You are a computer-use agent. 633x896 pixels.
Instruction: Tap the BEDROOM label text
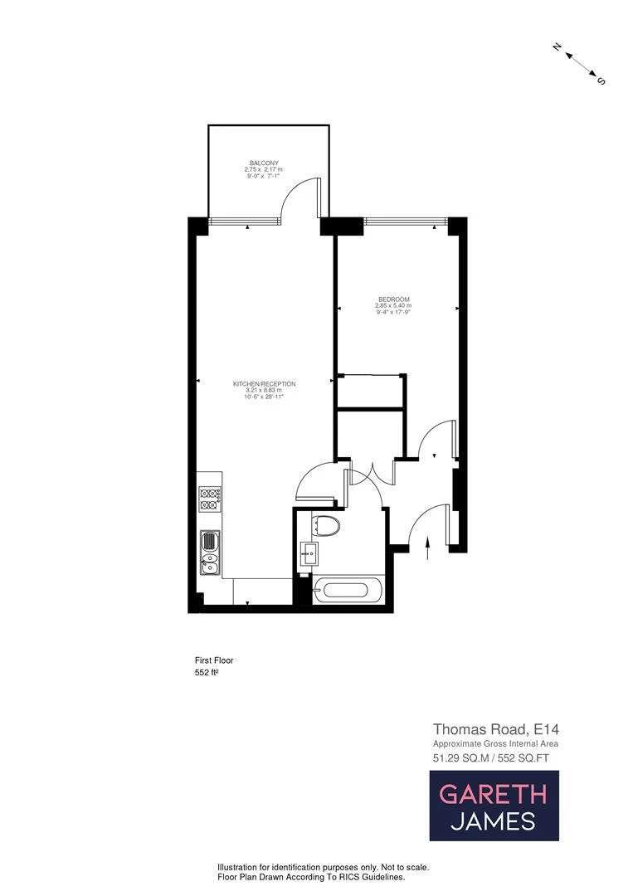point(394,299)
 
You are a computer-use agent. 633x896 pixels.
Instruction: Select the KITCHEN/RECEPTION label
point(265,383)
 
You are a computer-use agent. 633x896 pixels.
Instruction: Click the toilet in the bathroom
point(327,526)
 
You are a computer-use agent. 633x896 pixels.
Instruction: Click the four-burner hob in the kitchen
point(208,499)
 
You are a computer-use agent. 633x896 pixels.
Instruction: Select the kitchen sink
point(209,552)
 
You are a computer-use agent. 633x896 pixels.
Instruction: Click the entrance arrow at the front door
point(428,549)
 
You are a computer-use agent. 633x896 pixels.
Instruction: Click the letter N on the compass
point(558,47)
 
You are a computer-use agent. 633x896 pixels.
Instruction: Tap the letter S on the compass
point(601,81)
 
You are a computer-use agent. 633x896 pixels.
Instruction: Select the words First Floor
point(213,660)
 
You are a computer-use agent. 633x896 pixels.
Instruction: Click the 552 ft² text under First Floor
point(206,673)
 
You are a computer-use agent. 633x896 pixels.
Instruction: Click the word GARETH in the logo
point(493,793)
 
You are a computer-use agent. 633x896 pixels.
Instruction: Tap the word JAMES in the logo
point(493,821)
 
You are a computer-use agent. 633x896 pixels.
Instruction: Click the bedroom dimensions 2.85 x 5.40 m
point(394,306)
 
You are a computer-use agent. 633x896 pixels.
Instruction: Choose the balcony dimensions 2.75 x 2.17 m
point(265,169)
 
